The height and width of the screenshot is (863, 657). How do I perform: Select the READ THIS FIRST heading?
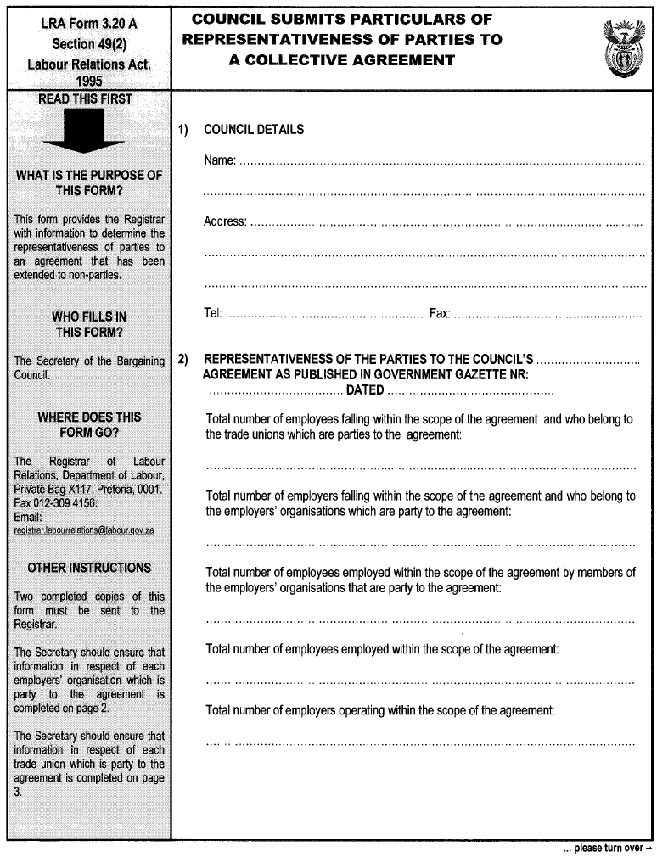click(x=86, y=99)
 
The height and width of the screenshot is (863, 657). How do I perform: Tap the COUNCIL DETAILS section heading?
click(x=254, y=130)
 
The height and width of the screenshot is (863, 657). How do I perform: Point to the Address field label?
click(x=225, y=222)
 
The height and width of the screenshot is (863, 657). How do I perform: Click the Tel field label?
click(x=212, y=314)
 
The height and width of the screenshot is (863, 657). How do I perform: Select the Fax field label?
click(x=440, y=314)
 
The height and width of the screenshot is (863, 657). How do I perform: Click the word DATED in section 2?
click(x=365, y=391)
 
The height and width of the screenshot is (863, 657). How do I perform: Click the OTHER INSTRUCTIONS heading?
click(x=89, y=568)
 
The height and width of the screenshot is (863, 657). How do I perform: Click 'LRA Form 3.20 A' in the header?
click(x=88, y=24)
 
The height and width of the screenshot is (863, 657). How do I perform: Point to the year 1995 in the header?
click(x=88, y=81)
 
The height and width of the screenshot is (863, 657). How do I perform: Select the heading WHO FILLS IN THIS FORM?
click(x=89, y=323)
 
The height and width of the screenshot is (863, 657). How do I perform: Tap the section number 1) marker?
click(x=182, y=130)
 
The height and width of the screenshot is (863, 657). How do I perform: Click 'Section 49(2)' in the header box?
click(x=88, y=43)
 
